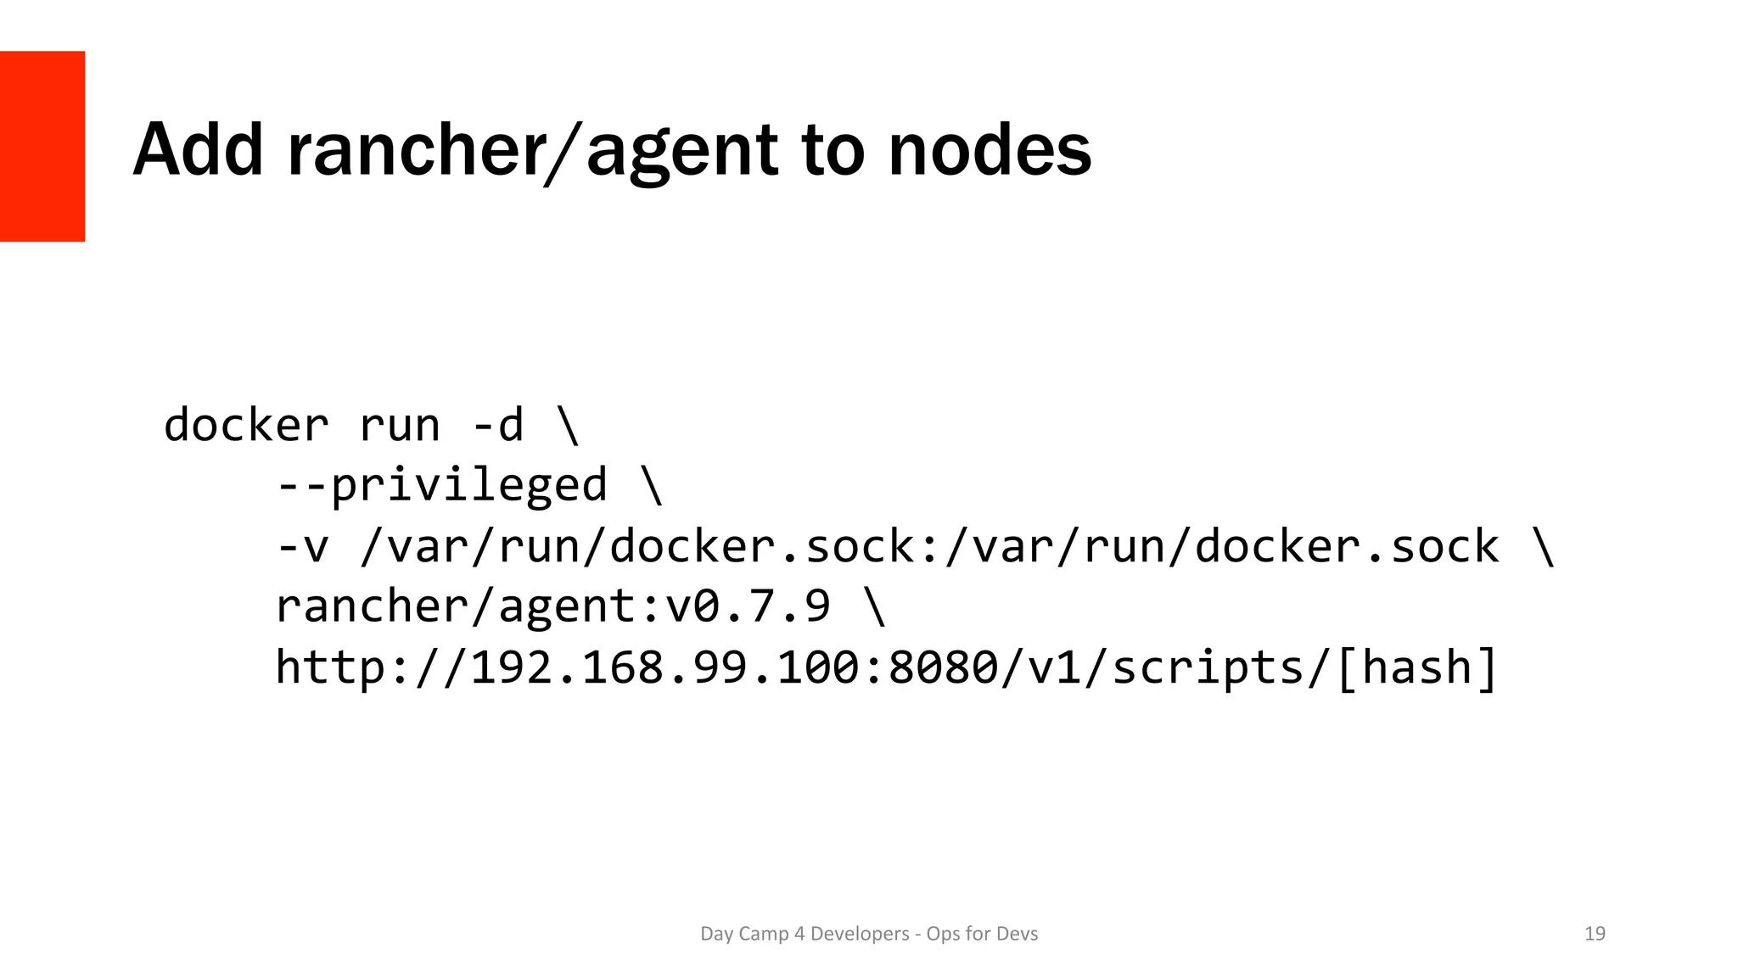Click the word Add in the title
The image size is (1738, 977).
(198, 151)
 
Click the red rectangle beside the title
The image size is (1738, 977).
(42, 146)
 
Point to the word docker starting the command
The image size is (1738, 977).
(246, 425)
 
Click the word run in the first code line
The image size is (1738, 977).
(399, 425)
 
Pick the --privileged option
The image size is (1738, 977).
(441, 486)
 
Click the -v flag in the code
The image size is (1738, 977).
(302, 547)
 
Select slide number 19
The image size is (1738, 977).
(1595, 934)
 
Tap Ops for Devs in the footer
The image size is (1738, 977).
(982, 934)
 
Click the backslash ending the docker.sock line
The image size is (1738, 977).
(1544, 547)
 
